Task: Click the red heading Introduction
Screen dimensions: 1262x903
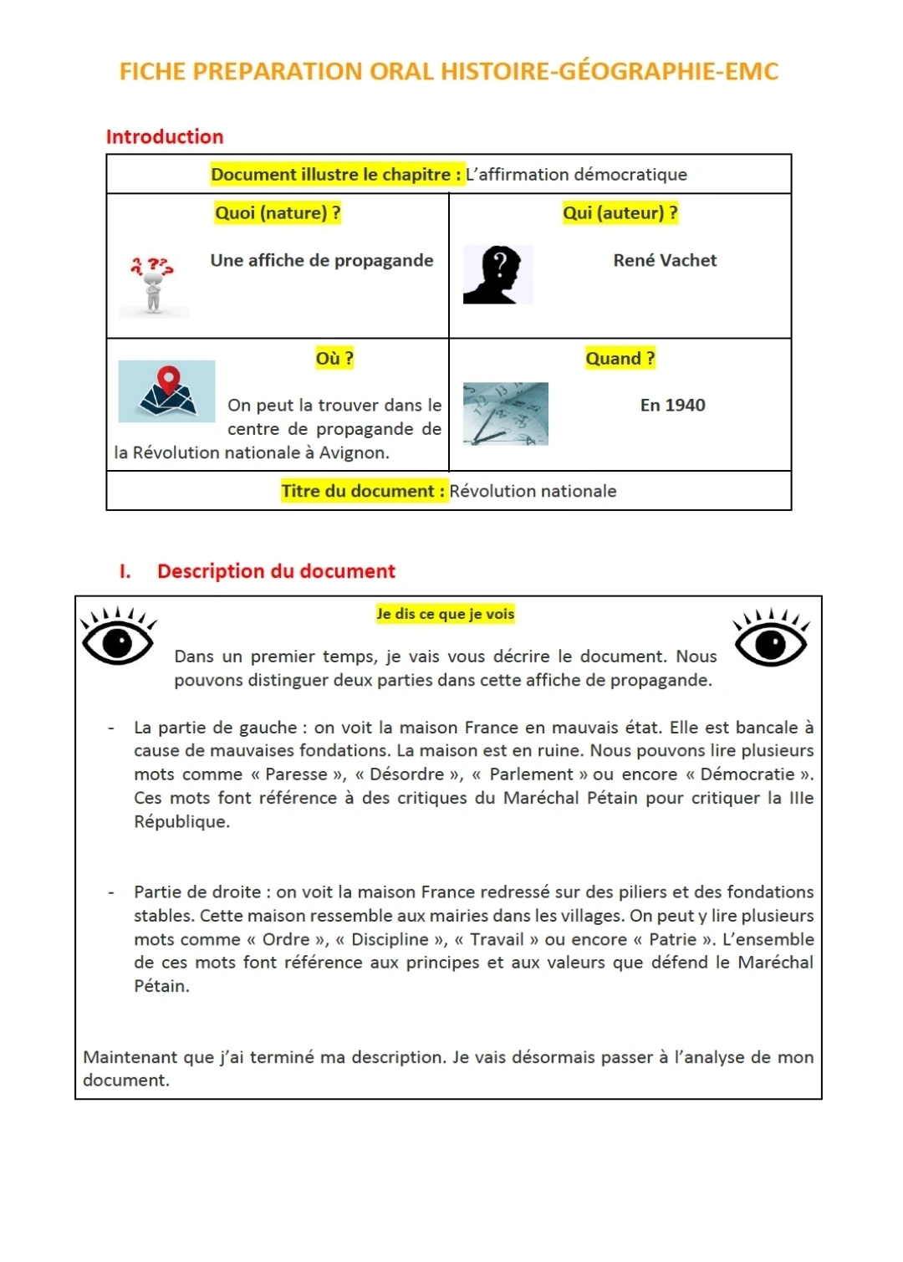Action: [165, 137]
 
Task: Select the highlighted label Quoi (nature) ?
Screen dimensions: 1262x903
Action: [278, 213]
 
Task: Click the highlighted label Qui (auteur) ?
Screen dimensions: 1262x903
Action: [620, 213]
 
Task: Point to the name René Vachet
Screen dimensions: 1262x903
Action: [665, 261]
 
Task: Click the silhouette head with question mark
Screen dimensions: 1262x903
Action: [497, 275]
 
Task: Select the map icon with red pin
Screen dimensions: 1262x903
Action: [167, 391]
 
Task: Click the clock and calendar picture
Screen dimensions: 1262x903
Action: [506, 414]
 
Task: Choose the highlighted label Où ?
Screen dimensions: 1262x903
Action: [334, 359]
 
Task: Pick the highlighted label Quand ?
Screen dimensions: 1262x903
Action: [620, 359]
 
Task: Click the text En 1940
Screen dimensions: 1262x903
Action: [672, 406]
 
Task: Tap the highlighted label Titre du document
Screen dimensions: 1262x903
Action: [364, 492]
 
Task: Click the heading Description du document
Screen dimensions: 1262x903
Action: [276, 572]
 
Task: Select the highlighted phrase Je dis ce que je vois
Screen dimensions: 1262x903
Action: [445, 615]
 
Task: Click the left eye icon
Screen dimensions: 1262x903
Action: [118, 640]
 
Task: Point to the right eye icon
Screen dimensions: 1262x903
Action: [770, 641]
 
